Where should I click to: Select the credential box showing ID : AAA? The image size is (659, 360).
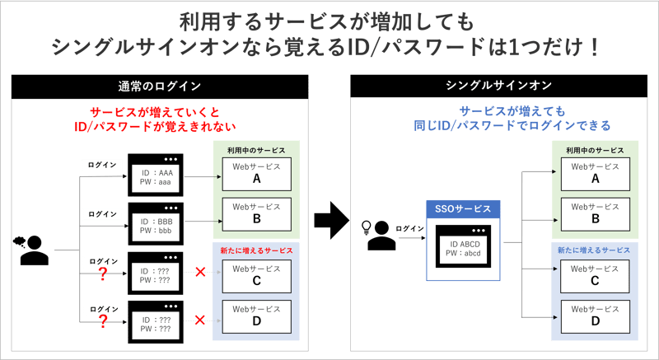coord(155,175)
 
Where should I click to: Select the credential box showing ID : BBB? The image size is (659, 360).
coord(155,223)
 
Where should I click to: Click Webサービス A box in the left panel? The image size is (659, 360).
coord(256,174)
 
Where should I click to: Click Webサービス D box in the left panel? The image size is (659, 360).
coord(256,317)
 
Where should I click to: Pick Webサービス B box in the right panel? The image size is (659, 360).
coord(596,214)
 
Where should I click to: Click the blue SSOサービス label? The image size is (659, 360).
coord(464,209)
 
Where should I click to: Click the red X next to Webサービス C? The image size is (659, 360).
coord(199,271)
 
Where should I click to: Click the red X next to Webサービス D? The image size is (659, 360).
coord(199,319)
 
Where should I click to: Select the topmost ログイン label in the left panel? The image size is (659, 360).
coord(102,166)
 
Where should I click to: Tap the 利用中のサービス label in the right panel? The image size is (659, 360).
coord(595,151)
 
